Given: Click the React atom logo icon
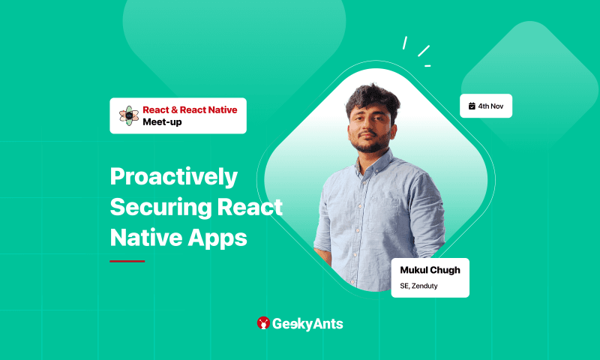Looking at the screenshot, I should (129, 115).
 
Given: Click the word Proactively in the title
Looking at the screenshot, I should (173, 178).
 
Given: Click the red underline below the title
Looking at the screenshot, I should (127, 261).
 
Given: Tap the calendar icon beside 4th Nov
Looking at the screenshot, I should (472, 106).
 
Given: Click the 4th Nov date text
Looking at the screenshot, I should (490, 106).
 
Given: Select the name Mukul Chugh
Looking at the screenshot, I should (429, 270).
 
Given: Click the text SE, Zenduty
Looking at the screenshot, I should (419, 286).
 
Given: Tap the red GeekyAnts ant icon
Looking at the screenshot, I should (263, 323).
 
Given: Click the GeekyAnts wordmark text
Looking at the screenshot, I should (308, 323).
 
